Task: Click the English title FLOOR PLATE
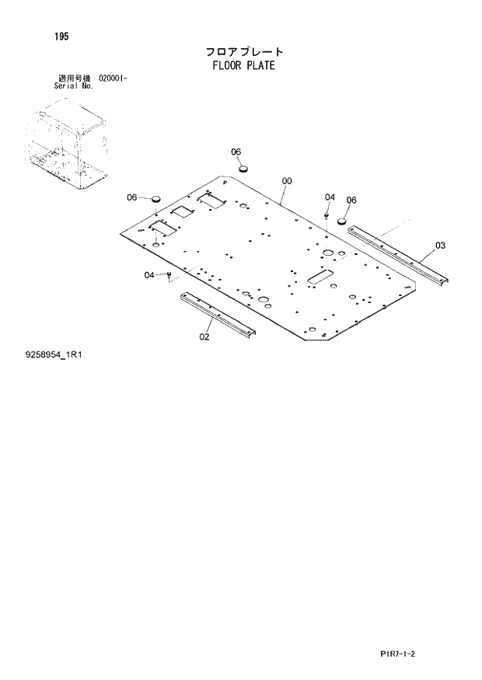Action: pos(243,65)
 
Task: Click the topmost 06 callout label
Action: pos(236,152)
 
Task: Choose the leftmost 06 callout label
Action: pos(132,197)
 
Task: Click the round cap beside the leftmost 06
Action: pos(154,199)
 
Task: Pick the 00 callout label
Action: pos(287,181)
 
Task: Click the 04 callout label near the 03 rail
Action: pos(330,197)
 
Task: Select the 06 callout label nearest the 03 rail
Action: pos(351,200)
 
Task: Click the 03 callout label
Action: pos(440,246)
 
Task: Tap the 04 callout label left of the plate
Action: pos(148,274)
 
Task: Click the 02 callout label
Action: pos(204,337)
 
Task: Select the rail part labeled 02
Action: pos(218,314)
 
